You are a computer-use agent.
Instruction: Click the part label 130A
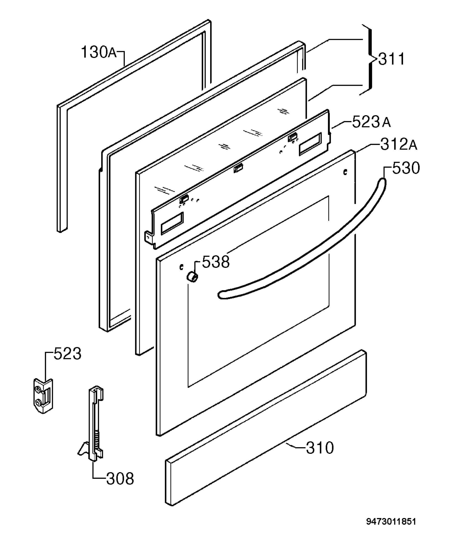pyautogui.click(x=99, y=52)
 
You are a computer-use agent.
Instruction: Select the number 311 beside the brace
pyautogui.click(x=391, y=59)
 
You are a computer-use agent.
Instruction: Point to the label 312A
pyautogui.click(x=399, y=144)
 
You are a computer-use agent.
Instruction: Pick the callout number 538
pyautogui.click(x=216, y=262)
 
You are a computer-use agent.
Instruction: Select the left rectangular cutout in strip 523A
pyautogui.click(x=172, y=223)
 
